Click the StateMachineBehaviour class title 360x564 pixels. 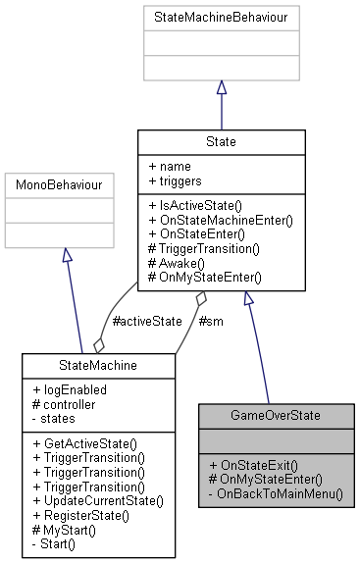click(220, 17)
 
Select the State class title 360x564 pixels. click(220, 141)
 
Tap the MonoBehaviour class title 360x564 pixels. click(63, 183)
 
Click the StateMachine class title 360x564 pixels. click(98, 366)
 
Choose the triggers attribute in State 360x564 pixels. click(176, 181)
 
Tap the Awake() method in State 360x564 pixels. click(180, 264)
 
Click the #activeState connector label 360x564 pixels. click(147, 320)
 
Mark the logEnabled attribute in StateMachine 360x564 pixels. click(72, 389)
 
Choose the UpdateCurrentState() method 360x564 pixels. click(97, 500)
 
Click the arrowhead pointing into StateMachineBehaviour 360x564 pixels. click(220, 88)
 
